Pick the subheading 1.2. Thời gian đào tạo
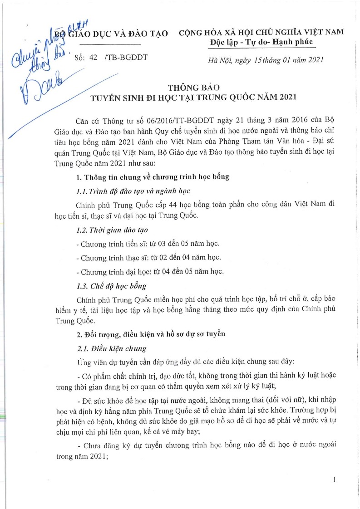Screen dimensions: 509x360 pos(112,230)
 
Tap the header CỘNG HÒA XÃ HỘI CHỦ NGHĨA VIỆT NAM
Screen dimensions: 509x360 pos(261,32)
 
